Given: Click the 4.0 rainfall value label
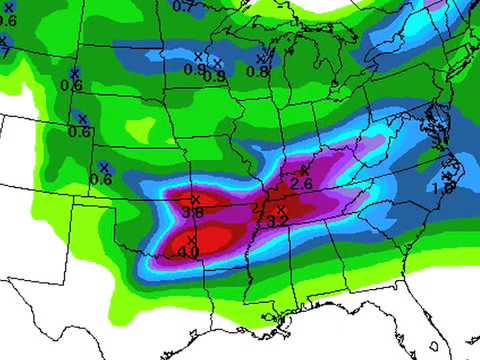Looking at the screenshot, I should (x=188, y=253).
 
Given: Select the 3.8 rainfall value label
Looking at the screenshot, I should (x=194, y=212).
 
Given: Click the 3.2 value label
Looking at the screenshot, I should (x=279, y=220).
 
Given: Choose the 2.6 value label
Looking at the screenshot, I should (x=302, y=184).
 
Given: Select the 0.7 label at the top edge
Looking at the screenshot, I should (x=184, y=6).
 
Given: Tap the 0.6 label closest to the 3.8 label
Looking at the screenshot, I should (x=101, y=179).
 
